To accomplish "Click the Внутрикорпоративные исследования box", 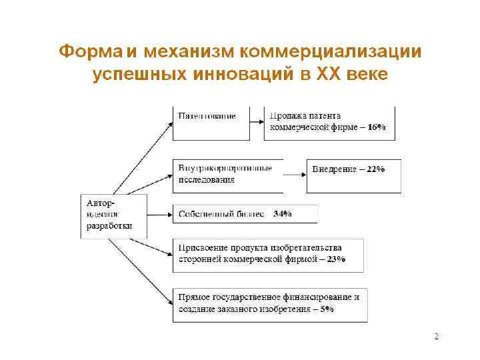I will coord(227,174).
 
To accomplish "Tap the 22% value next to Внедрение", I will coord(375,169).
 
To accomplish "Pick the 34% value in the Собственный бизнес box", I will coord(283,215).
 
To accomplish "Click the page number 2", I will coord(436,337).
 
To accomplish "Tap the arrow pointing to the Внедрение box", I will coord(294,175).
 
